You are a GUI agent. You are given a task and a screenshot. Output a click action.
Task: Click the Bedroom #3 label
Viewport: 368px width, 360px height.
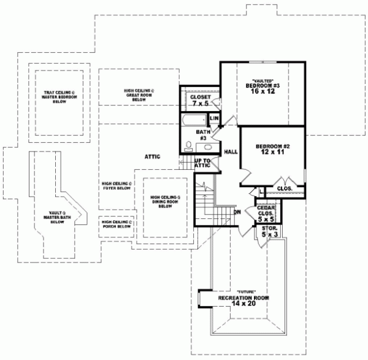pyautogui.click(x=263, y=85)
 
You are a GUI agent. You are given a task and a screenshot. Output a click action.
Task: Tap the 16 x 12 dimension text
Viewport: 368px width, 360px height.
pyautogui.click(x=263, y=92)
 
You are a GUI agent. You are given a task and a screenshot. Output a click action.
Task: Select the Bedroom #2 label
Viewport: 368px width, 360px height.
pyautogui.click(x=272, y=146)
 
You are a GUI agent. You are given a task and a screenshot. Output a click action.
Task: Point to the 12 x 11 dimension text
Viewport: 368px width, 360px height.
pyautogui.click(x=272, y=153)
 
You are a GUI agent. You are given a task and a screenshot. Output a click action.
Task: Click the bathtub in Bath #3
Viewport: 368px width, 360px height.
pyautogui.click(x=194, y=118)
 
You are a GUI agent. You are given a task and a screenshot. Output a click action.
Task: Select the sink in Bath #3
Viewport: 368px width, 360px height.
pyautogui.click(x=208, y=147)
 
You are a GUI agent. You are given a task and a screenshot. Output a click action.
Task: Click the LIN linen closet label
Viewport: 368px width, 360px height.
pyautogui.click(x=215, y=118)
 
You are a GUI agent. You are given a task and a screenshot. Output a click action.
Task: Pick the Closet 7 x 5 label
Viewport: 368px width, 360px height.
pyautogui.click(x=201, y=101)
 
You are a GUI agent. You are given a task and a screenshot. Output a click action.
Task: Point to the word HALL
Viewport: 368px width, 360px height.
pyautogui.click(x=231, y=151)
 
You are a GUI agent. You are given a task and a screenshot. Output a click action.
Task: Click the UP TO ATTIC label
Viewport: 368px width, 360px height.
pyautogui.click(x=202, y=163)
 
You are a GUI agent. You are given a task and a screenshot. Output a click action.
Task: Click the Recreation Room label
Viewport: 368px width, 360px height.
pyautogui.click(x=244, y=298)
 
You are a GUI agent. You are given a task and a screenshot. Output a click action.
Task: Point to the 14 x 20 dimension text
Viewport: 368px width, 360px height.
pyautogui.click(x=244, y=305)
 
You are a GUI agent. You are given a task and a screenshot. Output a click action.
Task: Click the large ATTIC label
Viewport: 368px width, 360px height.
pyautogui.click(x=151, y=157)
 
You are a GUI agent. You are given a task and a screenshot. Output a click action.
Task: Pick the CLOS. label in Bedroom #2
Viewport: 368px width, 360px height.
pyautogui.click(x=284, y=188)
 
